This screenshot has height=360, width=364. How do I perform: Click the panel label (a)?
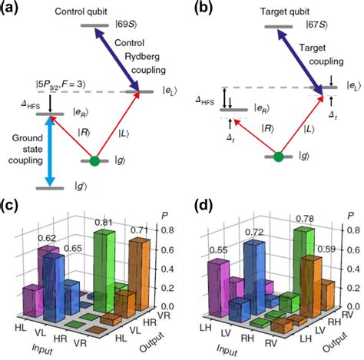(x=11, y=8)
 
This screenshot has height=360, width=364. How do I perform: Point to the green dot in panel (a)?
(x=94, y=160)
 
